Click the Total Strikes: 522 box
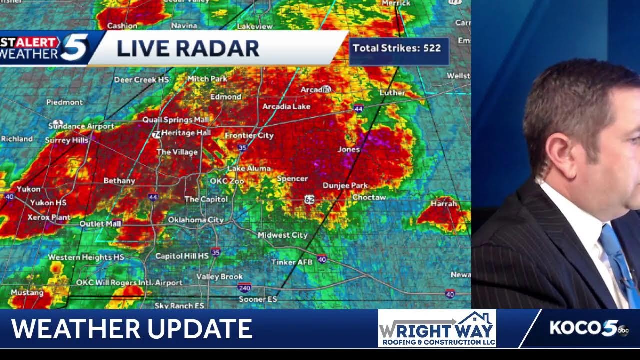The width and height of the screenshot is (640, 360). [398, 49]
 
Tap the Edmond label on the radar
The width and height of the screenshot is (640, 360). [226, 97]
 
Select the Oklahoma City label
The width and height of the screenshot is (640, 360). [195, 220]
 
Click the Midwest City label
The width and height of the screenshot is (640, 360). [282, 235]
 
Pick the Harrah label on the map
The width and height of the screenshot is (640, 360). [444, 204]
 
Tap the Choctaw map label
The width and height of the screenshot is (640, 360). [369, 197]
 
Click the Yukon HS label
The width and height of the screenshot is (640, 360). [48, 203]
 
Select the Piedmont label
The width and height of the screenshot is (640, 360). [65, 102]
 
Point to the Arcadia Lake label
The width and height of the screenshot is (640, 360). [286, 107]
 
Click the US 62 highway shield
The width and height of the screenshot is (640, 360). [310, 200]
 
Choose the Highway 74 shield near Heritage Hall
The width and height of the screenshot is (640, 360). [156, 134]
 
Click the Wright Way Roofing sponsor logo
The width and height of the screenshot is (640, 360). [437, 328]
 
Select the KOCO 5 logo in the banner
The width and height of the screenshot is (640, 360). [589, 328]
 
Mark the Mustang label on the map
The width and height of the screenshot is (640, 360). [27, 292]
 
